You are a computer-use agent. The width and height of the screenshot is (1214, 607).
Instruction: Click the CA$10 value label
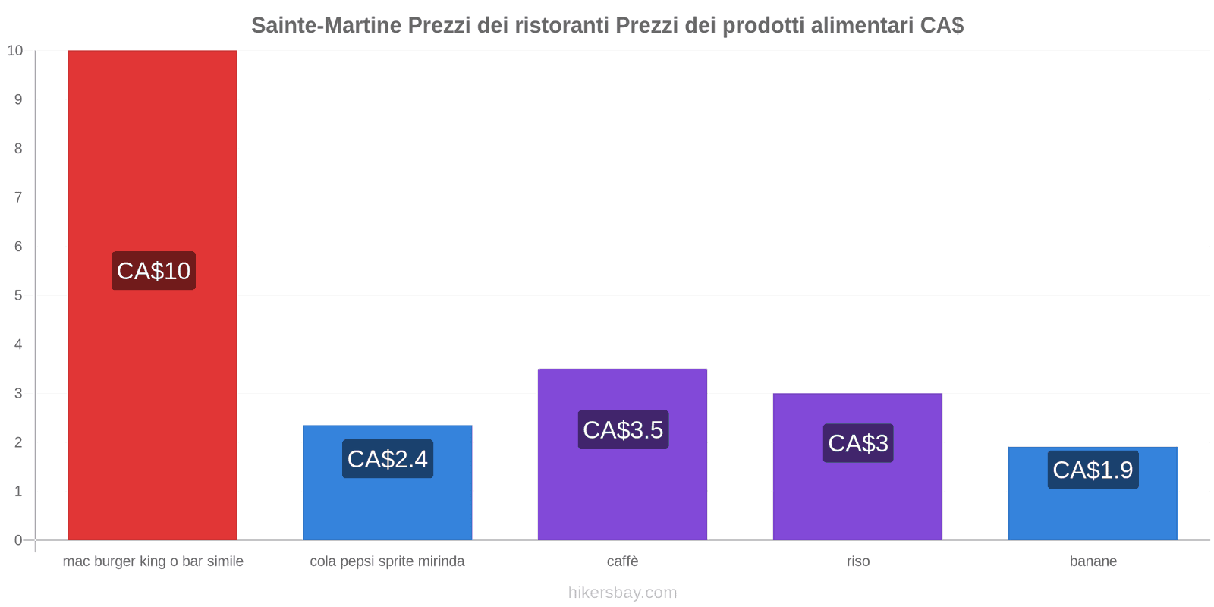153,271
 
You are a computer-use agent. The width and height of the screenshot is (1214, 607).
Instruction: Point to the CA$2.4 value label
387,459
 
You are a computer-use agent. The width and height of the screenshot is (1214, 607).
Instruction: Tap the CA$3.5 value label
623,430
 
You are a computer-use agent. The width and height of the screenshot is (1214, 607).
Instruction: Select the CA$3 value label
858,443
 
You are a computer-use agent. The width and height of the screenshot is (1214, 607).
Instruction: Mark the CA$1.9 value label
1093,470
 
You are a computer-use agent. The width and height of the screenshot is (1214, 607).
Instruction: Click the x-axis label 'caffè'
622,561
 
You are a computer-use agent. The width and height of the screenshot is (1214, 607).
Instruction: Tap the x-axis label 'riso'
858,561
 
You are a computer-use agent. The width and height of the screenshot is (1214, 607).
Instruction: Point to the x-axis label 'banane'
1093,561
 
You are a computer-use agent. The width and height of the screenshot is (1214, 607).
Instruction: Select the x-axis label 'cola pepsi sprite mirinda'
387,561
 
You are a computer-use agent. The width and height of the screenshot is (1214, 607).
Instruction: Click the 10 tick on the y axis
15,51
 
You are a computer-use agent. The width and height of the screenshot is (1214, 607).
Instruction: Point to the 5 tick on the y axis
17,295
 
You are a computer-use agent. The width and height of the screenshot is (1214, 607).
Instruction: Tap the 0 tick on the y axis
17,540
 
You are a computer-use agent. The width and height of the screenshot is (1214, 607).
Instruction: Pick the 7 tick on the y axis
17,197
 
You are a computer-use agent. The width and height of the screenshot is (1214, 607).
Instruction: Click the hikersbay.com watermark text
622,593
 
